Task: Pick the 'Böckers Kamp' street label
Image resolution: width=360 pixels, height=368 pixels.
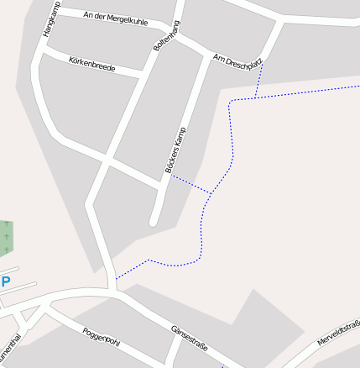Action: coord(175,150)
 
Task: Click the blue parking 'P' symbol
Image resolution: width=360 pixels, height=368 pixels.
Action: coord(6,282)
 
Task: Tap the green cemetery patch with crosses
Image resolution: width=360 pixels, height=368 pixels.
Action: coord(6,238)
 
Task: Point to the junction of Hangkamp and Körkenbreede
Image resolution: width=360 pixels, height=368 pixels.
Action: coord(40,51)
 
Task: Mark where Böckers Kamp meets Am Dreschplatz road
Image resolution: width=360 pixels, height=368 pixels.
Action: coord(206,56)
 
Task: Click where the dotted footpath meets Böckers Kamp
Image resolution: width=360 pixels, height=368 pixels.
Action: coord(170,176)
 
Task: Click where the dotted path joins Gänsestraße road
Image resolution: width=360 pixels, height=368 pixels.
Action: coord(116,278)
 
